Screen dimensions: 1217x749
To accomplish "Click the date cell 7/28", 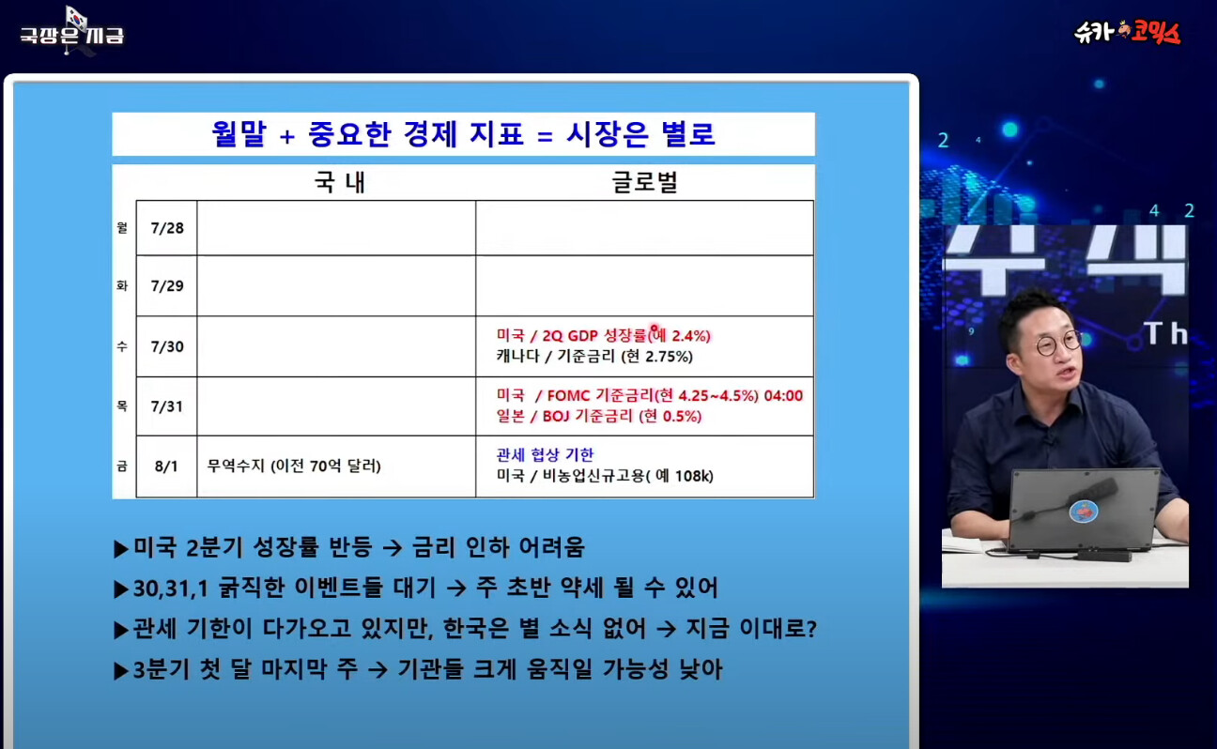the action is [167, 228].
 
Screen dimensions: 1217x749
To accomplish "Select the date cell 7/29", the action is [167, 285].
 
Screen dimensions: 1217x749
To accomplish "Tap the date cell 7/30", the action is [167, 346].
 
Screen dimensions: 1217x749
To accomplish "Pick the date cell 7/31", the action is [167, 406].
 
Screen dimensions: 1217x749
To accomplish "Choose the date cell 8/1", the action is [166, 466].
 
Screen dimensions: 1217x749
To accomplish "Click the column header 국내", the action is [340, 182].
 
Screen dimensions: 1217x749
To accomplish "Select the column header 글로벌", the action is [645, 182].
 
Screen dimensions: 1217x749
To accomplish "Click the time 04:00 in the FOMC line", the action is [783, 395].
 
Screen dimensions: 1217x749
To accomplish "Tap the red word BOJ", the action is [556, 416].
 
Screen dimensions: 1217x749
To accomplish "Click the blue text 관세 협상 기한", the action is [545, 454].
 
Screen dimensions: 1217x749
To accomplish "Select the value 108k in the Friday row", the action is [694, 476].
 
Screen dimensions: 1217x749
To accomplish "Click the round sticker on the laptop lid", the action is [1084, 512].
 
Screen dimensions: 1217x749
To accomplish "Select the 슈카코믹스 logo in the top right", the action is [1128, 33].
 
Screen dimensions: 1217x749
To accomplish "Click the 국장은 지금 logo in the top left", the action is [71, 32].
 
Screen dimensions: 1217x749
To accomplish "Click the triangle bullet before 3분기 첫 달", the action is [120, 671].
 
